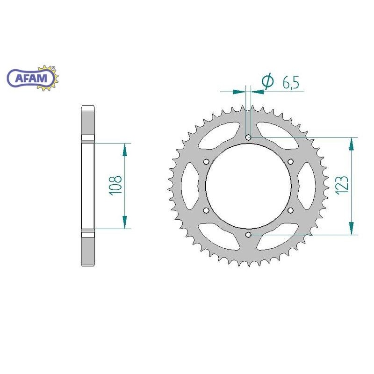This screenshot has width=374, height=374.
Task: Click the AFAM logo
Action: pyautogui.click(x=33, y=78)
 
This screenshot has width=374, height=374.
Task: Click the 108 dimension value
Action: pyautogui.click(x=115, y=186)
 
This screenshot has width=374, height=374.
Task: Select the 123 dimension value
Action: pyautogui.click(x=342, y=186)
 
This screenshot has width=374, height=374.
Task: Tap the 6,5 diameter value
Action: pyautogui.click(x=291, y=83)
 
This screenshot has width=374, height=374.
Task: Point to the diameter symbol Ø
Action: pyautogui.click(x=267, y=80)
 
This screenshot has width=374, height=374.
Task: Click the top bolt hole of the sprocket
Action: pyautogui.click(x=248, y=137)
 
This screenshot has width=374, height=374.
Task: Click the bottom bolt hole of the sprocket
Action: pyautogui.click(x=248, y=235)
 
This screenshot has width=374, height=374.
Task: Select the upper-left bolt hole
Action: pyautogui.click(x=206, y=162)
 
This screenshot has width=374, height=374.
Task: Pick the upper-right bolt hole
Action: pyautogui.click(x=290, y=162)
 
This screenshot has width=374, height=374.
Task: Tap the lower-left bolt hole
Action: pyautogui.click(x=206, y=210)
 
